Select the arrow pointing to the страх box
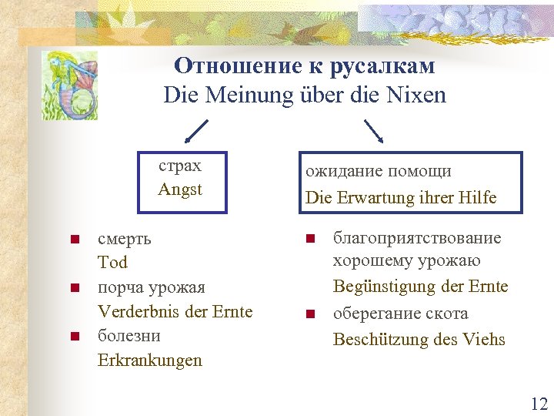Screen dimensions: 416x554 197,131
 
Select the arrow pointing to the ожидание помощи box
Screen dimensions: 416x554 375,131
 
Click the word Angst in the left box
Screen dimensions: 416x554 180,189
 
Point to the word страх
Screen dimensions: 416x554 180,166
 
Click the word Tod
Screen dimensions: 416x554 112,263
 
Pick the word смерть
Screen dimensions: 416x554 124,238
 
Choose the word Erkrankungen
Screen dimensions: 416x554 149,361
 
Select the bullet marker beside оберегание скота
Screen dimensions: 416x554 310,314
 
